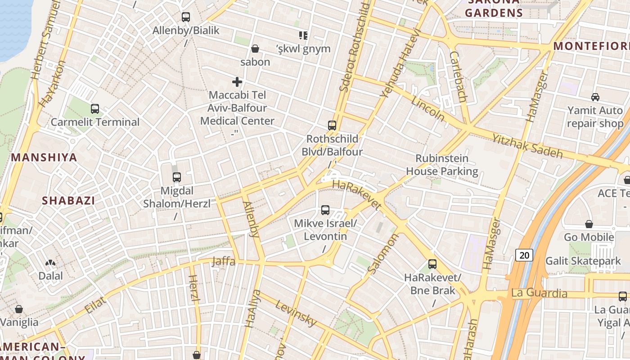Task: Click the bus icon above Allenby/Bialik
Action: (185, 17)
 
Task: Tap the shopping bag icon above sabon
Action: (255, 48)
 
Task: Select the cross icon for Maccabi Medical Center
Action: (237, 82)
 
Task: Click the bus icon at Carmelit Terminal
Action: (94, 108)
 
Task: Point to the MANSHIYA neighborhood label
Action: (44, 157)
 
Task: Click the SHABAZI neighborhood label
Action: (68, 201)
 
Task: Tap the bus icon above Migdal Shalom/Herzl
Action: (176, 177)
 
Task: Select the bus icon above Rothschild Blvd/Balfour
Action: (332, 126)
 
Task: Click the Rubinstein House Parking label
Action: (442, 165)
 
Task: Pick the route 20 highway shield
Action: (524, 255)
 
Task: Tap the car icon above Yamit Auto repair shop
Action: (595, 97)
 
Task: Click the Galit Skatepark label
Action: (583, 261)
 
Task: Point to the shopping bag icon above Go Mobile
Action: (589, 224)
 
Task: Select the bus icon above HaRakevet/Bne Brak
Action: (432, 264)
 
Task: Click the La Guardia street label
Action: (539, 293)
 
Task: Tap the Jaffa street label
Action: (224, 261)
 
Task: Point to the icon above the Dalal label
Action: (50, 262)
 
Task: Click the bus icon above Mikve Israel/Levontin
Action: (325, 210)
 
